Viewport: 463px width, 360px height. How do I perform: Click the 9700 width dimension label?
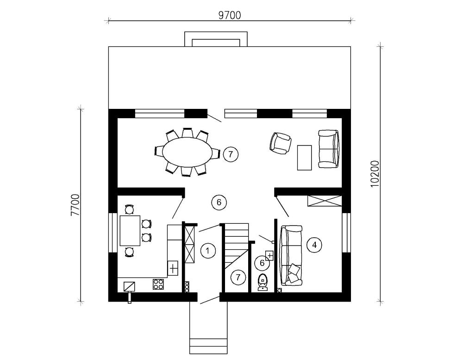click(230, 15)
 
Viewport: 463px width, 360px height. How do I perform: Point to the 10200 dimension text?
click(375, 174)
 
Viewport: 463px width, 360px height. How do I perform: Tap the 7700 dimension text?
click(75, 205)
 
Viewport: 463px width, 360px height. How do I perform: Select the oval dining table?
click(187, 152)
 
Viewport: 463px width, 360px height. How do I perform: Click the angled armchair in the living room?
click(280, 143)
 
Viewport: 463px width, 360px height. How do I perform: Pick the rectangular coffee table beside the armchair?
click(305, 158)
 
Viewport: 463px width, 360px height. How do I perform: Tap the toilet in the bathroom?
click(263, 283)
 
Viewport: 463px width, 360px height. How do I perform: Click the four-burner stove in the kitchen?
click(158, 284)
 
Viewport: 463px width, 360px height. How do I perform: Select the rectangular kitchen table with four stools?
click(130, 231)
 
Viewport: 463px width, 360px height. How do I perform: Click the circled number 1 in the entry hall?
click(208, 251)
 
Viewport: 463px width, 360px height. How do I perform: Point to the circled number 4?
click(314, 245)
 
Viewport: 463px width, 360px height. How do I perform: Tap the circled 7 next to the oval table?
click(231, 154)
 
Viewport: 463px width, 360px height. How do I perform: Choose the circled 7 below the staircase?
click(238, 277)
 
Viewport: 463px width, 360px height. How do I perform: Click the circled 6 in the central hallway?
click(219, 202)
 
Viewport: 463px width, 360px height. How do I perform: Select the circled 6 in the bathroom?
click(262, 263)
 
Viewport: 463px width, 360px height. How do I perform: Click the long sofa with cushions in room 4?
click(291, 256)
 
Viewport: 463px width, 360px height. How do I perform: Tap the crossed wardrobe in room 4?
click(325, 201)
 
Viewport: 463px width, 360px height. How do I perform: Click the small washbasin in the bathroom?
click(270, 255)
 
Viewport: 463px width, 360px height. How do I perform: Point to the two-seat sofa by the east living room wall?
click(328, 149)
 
